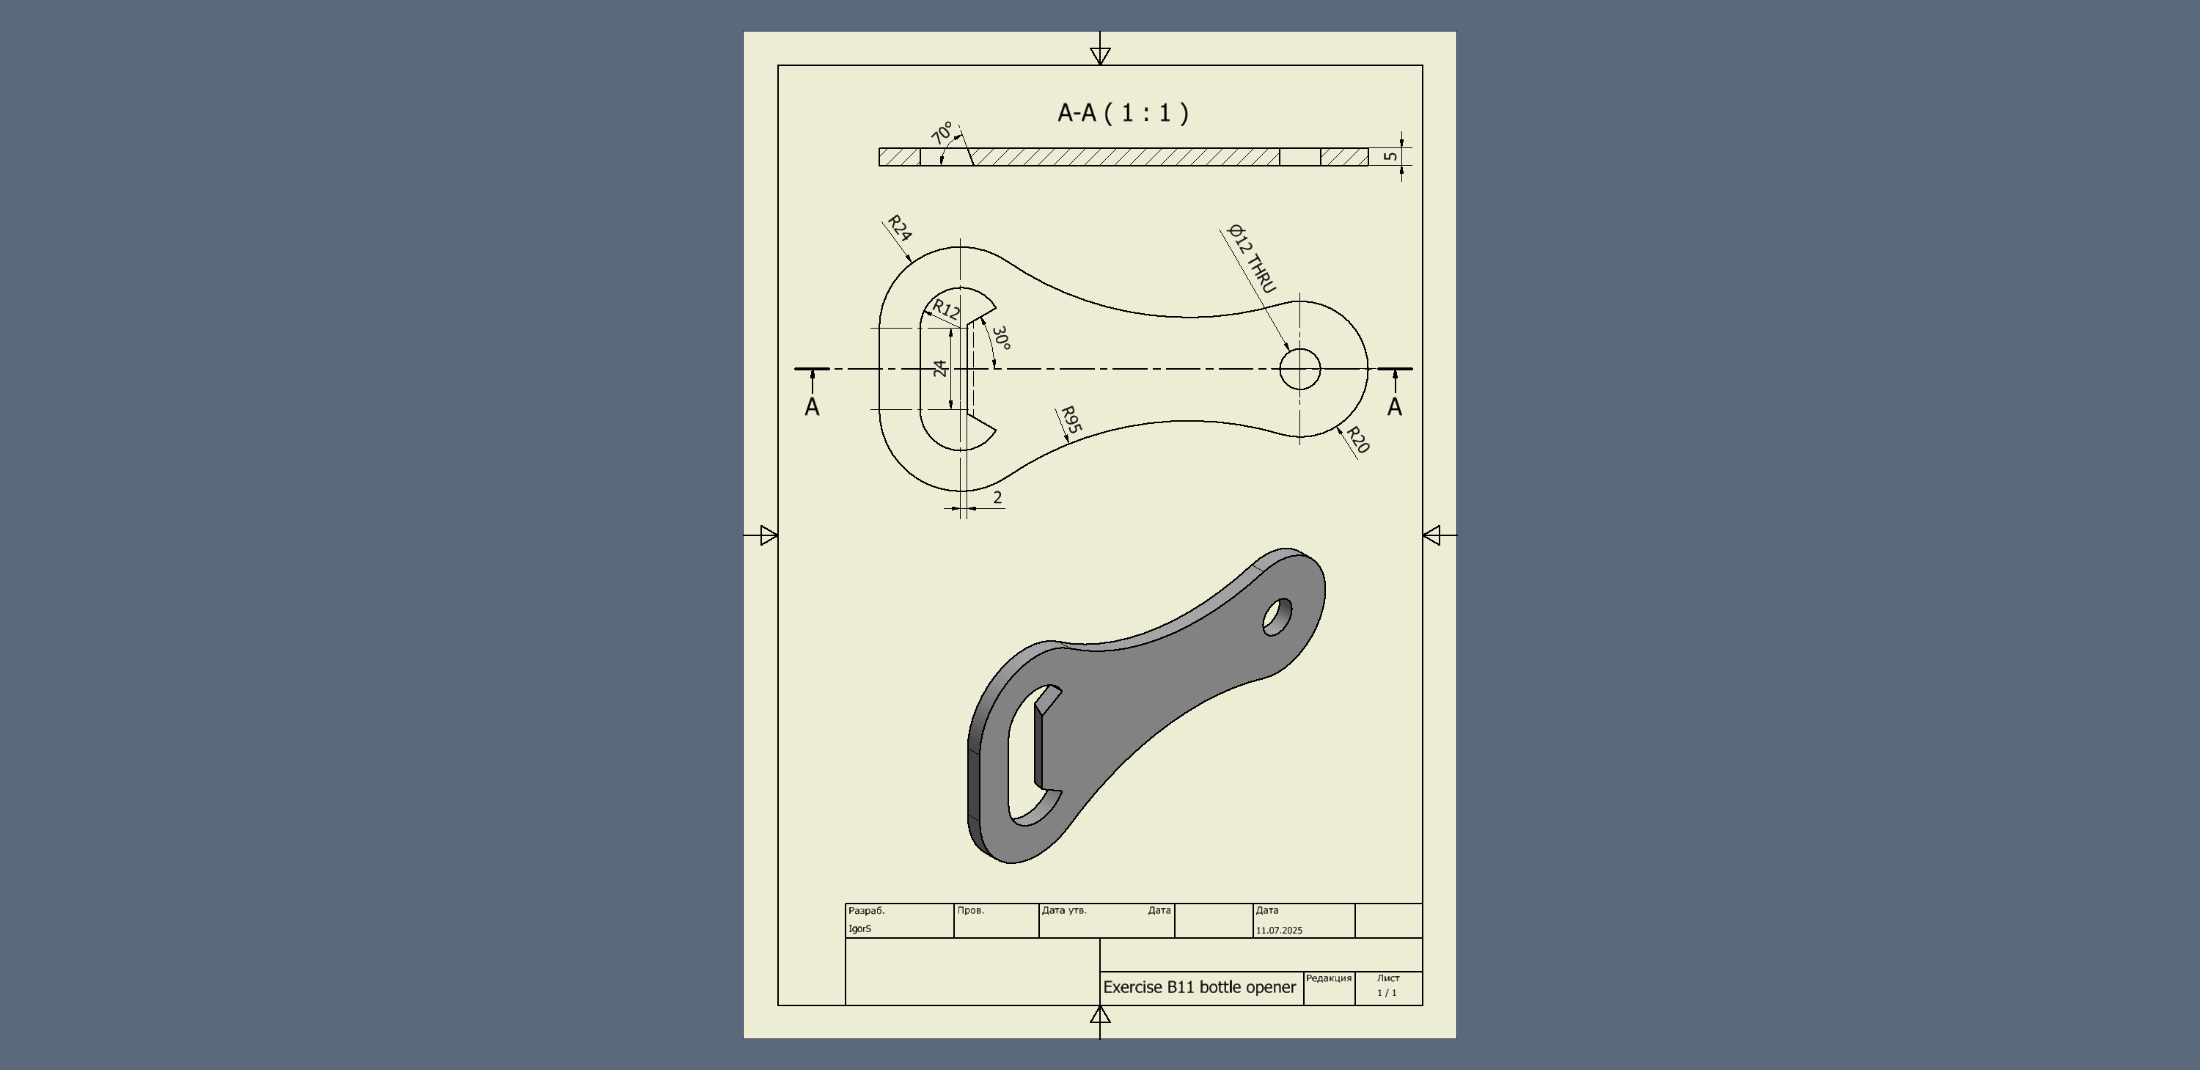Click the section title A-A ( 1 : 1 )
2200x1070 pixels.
(1123, 113)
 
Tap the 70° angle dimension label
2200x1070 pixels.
(942, 133)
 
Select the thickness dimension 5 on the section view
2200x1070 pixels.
(1391, 156)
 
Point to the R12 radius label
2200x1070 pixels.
(946, 310)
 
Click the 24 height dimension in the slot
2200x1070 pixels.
(940, 368)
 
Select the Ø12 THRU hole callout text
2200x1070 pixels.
(1251, 259)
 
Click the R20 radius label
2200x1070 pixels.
(1358, 440)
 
